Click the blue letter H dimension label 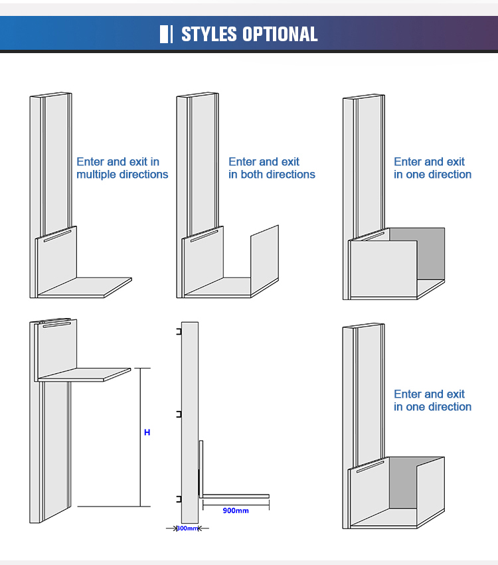point(147,432)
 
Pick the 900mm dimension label point(236,511)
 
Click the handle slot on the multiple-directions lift point(56,236)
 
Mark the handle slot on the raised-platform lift point(56,324)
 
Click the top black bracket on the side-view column point(179,332)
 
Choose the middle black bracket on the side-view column point(179,414)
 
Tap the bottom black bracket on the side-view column point(179,498)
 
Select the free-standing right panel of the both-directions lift point(264,260)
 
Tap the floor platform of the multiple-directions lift point(86,287)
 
